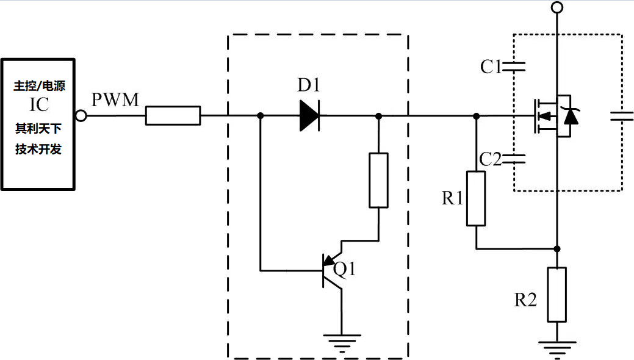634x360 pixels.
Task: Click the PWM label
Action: [x=115, y=100]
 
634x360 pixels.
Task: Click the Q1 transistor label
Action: [x=344, y=269]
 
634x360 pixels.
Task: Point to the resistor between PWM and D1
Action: [x=173, y=115]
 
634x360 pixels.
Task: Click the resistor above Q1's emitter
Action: [x=378, y=181]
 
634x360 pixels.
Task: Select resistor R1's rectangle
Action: [x=476, y=199]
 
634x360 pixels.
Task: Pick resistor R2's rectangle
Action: [x=557, y=294]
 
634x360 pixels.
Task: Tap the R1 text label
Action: [x=452, y=198]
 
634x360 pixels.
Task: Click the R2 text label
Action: [x=525, y=300]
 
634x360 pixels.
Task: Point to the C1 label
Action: [x=491, y=67]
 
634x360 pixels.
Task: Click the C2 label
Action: [x=491, y=160]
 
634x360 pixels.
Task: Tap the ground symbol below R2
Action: [x=557, y=348]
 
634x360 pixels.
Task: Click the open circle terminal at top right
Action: [x=557, y=7]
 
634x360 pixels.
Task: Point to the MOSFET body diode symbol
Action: [x=571, y=115]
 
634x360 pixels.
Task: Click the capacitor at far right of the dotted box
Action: [x=622, y=115]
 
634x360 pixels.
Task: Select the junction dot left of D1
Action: [x=261, y=115]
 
